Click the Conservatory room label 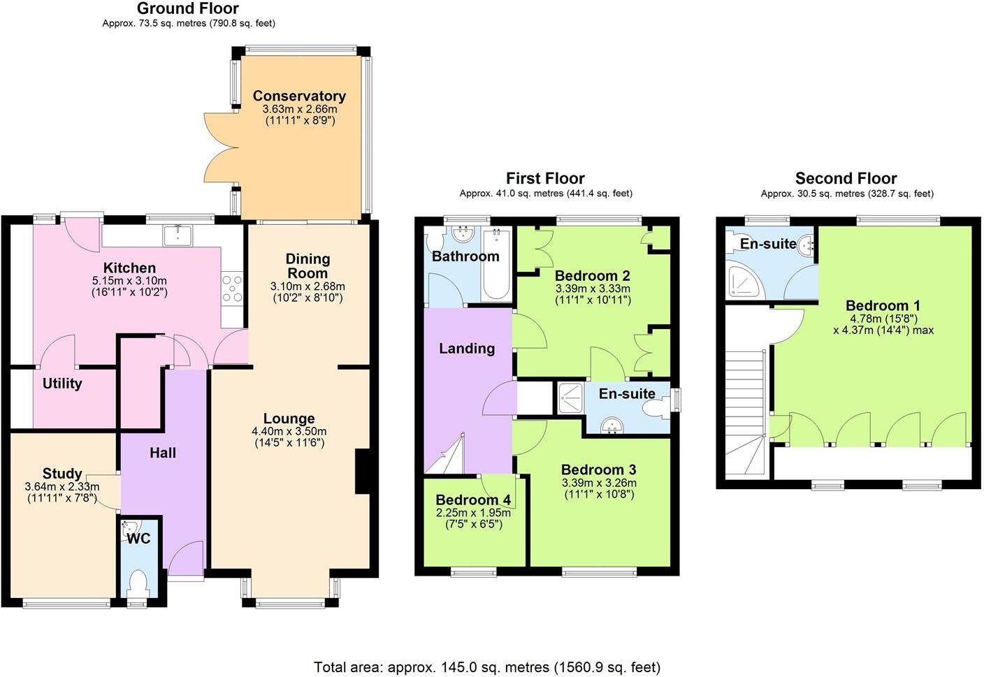click(299, 96)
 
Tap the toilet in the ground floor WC click(138, 583)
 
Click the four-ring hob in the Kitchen click(233, 289)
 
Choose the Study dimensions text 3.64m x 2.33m click(61, 487)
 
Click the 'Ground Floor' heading click(188, 8)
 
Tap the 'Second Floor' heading click(846, 178)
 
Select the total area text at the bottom click(486, 667)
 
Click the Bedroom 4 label click(473, 500)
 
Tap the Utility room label click(62, 383)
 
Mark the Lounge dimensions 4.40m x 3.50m click(289, 431)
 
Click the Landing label click(467, 348)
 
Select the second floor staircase click(746, 412)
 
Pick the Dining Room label click(307, 265)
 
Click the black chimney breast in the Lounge click(363, 472)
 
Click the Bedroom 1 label click(883, 305)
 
